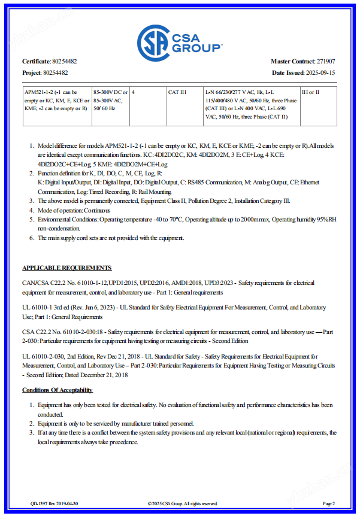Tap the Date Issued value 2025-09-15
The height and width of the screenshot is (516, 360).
(x=320, y=72)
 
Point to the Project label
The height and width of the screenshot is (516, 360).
(x=32, y=72)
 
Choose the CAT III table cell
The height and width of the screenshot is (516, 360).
(x=178, y=92)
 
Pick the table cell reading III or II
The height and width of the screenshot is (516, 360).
(x=310, y=92)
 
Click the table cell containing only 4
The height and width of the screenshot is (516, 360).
(x=133, y=92)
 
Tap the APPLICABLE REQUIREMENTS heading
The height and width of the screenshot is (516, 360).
(x=66, y=268)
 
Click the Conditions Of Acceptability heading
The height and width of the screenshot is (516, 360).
(x=58, y=390)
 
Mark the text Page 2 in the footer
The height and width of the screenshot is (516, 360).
(x=329, y=503)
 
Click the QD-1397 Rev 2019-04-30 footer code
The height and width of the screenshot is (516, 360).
(x=55, y=503)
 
